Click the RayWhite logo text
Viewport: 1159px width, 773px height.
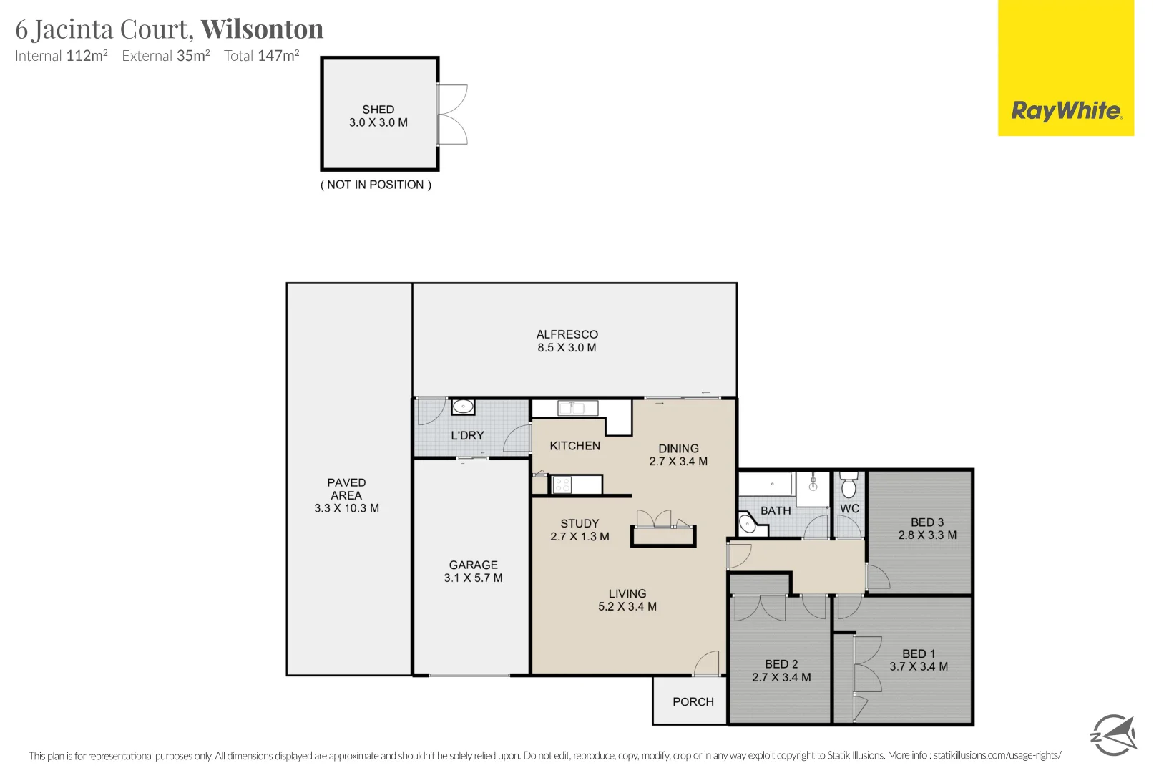point(1066,111)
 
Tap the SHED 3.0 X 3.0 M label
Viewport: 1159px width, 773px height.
point(378,116)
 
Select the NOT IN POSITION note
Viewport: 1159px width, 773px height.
point(376,185)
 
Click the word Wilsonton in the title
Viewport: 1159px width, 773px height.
point(262,29)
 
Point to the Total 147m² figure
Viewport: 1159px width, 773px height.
point(261,56)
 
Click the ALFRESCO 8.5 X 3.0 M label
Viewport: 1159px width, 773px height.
point(567,341)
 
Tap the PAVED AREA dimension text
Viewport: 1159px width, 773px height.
point(346,508)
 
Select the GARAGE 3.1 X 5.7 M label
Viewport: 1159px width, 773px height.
point(473,571)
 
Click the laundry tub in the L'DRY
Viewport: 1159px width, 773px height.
point(463,407)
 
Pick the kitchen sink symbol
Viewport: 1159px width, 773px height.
point(578,409)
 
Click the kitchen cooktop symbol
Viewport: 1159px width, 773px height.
point(562,485)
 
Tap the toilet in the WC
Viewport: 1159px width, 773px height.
point(849,486)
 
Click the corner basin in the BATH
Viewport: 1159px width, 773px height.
point(748,525)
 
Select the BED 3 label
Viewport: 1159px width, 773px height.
point(927,529)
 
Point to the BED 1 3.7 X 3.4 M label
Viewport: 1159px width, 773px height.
point(919,660)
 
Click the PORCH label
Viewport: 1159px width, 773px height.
point(693,702)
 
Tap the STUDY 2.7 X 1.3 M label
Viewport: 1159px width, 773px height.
point(579,530)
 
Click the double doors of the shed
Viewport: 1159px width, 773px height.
point(452,115)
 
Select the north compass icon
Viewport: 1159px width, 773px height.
point(1112,734)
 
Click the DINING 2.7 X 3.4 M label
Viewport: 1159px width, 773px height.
point(678,455)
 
